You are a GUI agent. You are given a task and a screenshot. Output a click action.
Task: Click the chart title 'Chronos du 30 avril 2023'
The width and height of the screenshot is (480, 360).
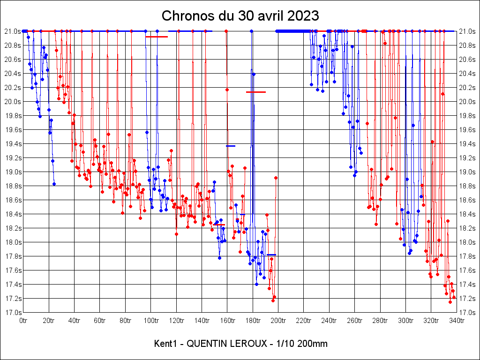pyautogui.click(x=240, y=16)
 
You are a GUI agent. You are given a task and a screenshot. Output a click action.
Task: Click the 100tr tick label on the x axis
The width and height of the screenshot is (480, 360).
pyautogui.click(x=151, y=321)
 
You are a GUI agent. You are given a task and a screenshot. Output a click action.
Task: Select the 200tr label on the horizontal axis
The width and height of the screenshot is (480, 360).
pyautogui.click(x=278, y=321)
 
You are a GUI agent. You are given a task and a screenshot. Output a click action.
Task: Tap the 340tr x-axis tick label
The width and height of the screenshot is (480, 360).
pyautogui.click(x=457, y=321)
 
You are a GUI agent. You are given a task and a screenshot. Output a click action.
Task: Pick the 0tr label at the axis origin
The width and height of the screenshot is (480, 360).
pyautogui.click(x=24, y=321)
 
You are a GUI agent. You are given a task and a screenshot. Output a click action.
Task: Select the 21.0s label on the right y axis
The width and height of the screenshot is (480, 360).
pyautogui.click(x=467, y=31)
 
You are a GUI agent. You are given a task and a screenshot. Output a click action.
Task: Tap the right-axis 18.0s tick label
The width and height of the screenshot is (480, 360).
pyautogui.click(x=467, y=242)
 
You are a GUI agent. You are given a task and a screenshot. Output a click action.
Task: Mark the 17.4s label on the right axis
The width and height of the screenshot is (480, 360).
pyautogui.click(x=467, y=285)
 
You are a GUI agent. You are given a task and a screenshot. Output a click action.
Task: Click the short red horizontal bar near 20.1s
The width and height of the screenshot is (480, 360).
pyautogui.click(x=256, y=92)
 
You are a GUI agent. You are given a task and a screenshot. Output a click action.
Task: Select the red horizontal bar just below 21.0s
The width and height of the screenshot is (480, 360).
pyautogui.click(x=157, y=37)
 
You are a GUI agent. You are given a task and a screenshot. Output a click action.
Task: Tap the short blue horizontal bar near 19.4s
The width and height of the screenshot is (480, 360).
pyautogui.click(x=231, y=146)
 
